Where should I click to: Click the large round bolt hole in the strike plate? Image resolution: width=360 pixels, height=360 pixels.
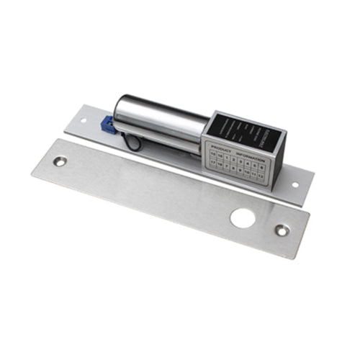(243, 217)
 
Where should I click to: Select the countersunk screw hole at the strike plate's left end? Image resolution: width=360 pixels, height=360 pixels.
(60, 161)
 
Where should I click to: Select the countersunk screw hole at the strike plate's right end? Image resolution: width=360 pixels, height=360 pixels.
(282, 230)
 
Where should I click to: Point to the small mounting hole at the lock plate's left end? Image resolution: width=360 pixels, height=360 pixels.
(83, 120)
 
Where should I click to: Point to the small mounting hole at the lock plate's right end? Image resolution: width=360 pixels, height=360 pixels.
(294, 184)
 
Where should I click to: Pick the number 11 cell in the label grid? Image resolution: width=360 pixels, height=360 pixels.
(253, 176)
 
